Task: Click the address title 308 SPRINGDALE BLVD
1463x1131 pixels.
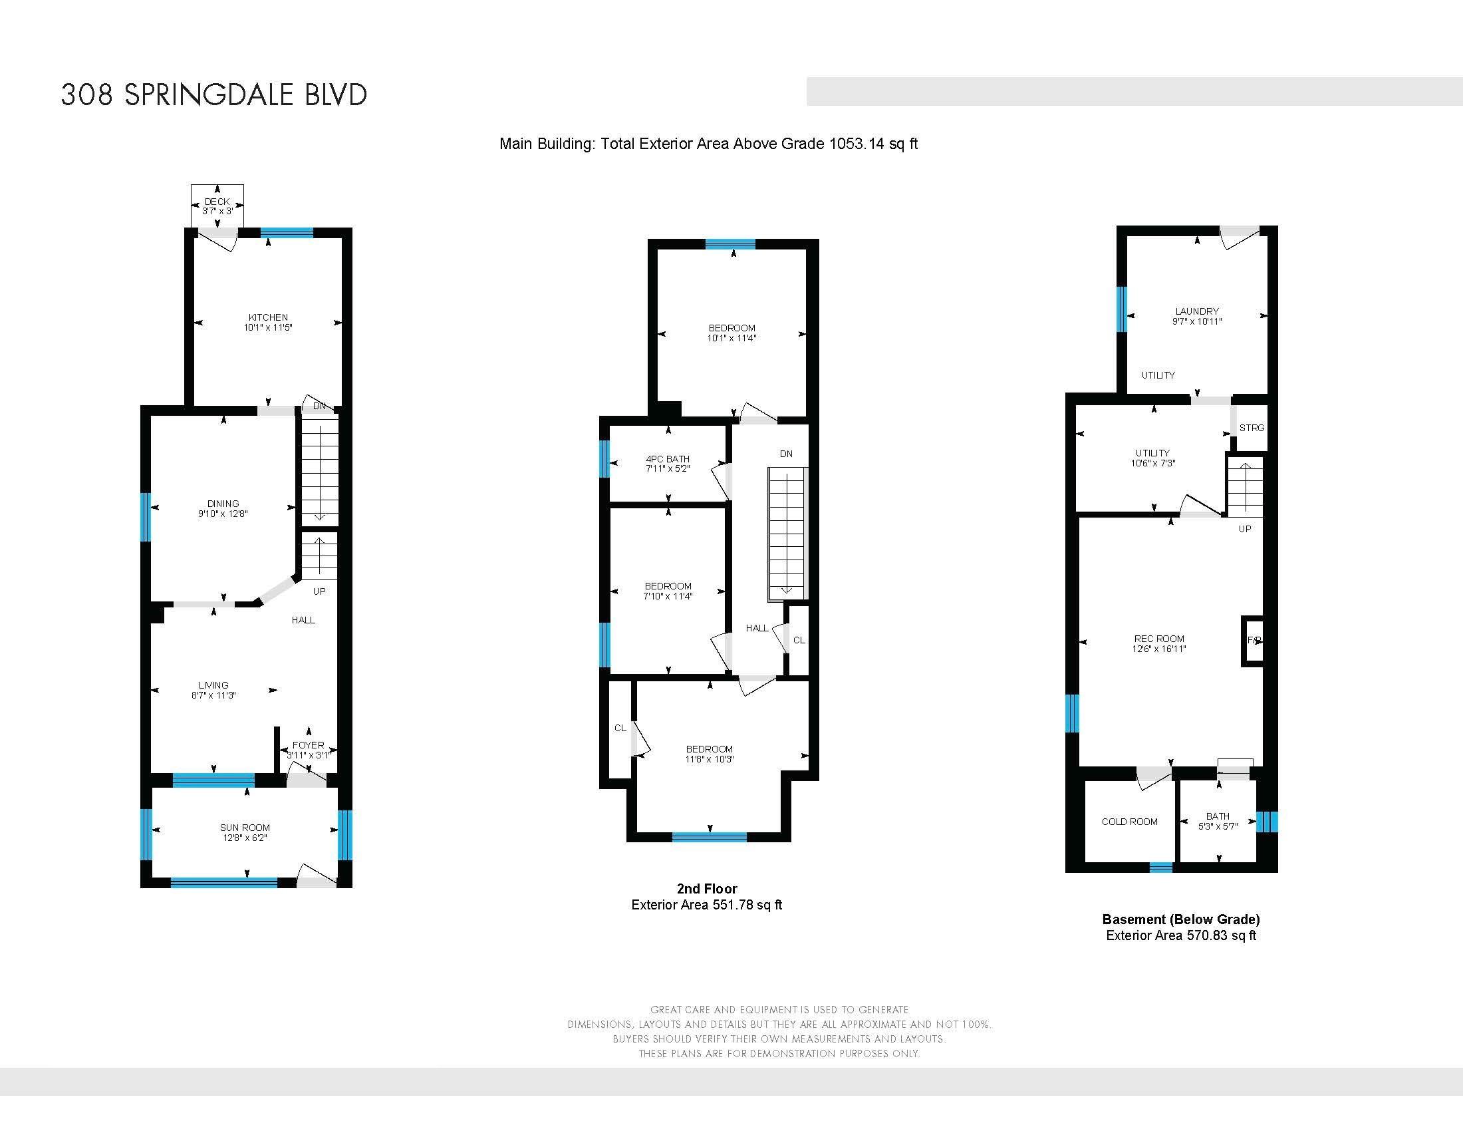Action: [213, 94]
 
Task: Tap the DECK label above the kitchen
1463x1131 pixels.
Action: [217, 202]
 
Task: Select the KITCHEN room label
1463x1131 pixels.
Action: [268, 317]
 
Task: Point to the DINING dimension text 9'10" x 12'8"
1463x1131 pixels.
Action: [223, 514]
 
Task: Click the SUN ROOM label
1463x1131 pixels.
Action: [245, 828]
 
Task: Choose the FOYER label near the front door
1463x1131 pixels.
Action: [308, 745]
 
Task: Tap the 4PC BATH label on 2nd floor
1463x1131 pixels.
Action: [667, 459]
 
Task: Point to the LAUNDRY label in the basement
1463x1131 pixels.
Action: [1197, 311]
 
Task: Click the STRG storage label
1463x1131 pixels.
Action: [1252, 428]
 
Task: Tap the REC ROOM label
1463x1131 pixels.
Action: [1159, 639]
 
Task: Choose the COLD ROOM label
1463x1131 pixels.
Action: [1129, 822]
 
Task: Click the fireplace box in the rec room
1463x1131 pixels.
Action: [1253, 641]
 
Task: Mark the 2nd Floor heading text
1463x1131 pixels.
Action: [707, 888]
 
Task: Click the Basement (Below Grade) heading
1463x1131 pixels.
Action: [1181, 919]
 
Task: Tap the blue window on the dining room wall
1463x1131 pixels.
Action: [146, 516]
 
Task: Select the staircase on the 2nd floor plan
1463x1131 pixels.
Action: [788, 534]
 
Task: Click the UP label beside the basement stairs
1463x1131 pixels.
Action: [1245, 529]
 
